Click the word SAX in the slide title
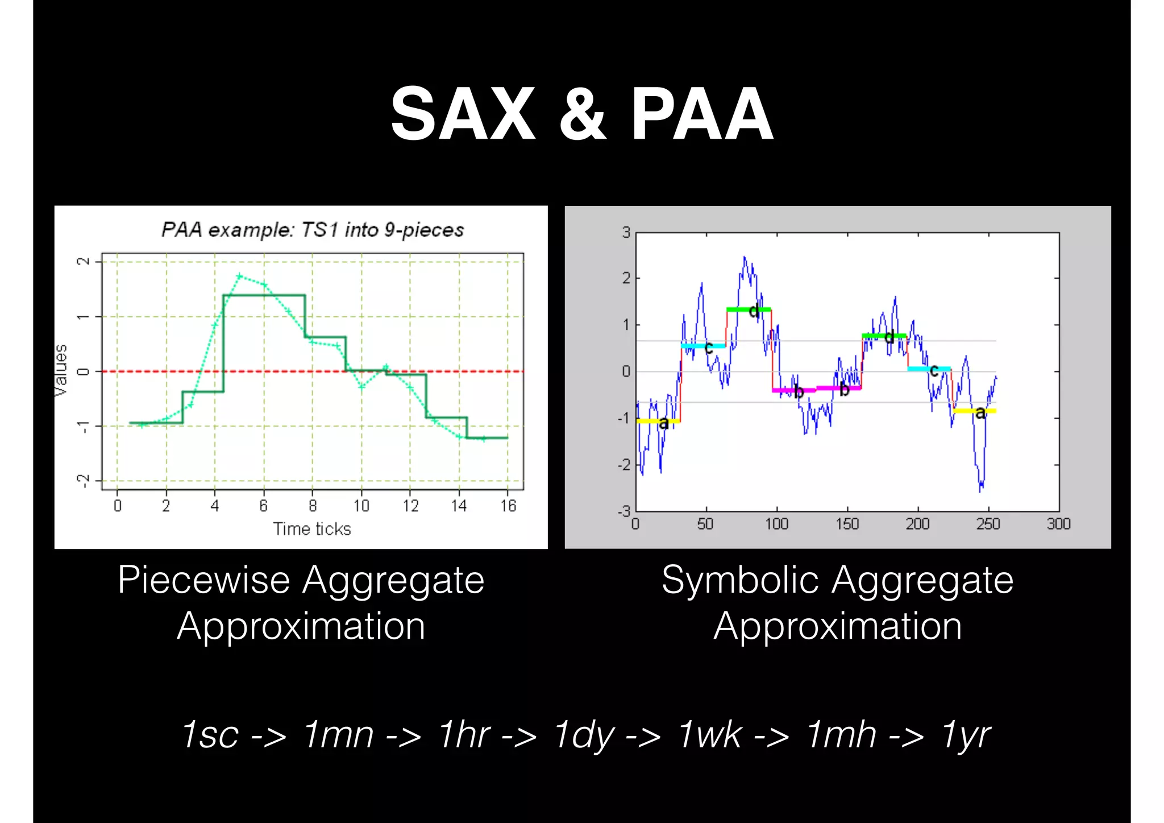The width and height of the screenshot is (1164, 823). click(463, 114)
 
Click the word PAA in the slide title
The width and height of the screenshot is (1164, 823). click(701, 114)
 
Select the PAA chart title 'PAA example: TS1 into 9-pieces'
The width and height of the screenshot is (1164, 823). click(313, 230)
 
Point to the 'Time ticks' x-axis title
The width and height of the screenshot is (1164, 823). click(312, 529)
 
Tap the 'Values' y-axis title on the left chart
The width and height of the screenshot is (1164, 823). click(61, 370)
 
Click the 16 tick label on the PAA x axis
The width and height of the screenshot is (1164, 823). click(508, 506)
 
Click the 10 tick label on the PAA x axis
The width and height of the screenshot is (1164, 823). click(361, 506)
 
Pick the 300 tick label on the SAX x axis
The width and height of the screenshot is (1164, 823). click(1058, 524)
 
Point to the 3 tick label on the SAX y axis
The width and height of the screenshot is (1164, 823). click(626, 232)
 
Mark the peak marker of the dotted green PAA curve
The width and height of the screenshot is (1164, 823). click(239, 276)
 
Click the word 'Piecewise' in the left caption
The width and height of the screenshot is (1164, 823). click(204, 581)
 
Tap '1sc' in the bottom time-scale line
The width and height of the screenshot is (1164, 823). click(210, 734)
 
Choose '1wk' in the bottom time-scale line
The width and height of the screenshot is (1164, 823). click(709, 734)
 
